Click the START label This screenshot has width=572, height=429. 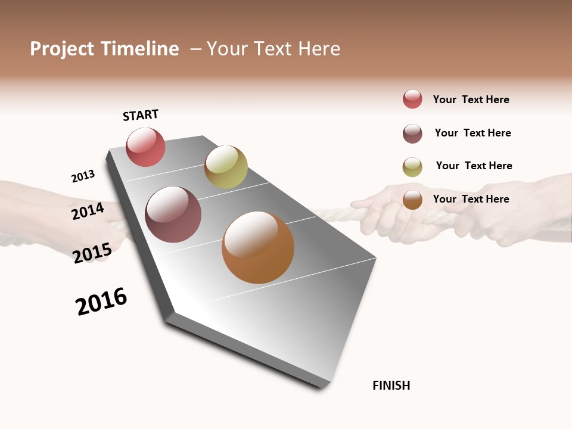click(x=141, y=115)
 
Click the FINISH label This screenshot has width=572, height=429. click(x=391, y=386)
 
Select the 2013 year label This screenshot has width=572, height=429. click(x=83, y=176)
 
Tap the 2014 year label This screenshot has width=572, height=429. click(x=88, y=212)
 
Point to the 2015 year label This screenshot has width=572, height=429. click(x=92, y=253)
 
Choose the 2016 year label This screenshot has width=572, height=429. click(x=101, y=301)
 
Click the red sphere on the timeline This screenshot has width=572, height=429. click(x=145, y=147)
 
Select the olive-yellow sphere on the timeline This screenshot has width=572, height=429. click(x=226, y=167)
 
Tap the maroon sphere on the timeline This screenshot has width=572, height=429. click(x=173, y=214)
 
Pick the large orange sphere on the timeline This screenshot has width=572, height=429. click(x=258, y=247)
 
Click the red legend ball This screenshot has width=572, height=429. click(x=412, y=99)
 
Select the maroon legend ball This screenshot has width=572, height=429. click(x=412, y=133)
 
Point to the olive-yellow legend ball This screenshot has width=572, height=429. click(x=412, y=167)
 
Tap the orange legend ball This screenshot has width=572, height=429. click(x=412, y=200)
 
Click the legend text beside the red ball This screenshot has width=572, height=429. click(x=471, y=100)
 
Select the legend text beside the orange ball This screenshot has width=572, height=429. click(x=471, y=199)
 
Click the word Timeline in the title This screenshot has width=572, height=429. click(x=139, y=49)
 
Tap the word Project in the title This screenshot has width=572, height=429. click(x=63, y=49)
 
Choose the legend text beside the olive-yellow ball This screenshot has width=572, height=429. click(x=474, y=166)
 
